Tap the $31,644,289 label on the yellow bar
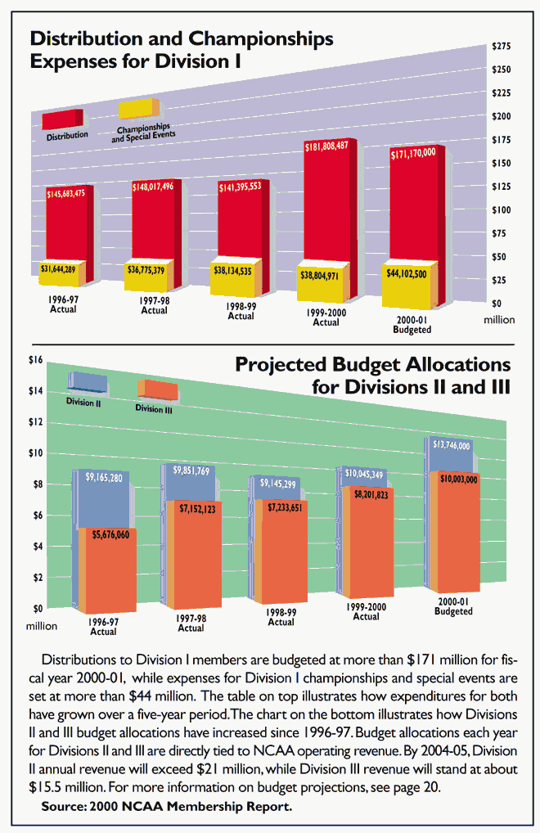tap(63, 268)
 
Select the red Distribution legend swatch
tap(62, 119)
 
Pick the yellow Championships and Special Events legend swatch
tap(139, 108)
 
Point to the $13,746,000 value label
tap(451, 446)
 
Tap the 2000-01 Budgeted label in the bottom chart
tap(453, 606)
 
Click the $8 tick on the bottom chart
tap(37, 484)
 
